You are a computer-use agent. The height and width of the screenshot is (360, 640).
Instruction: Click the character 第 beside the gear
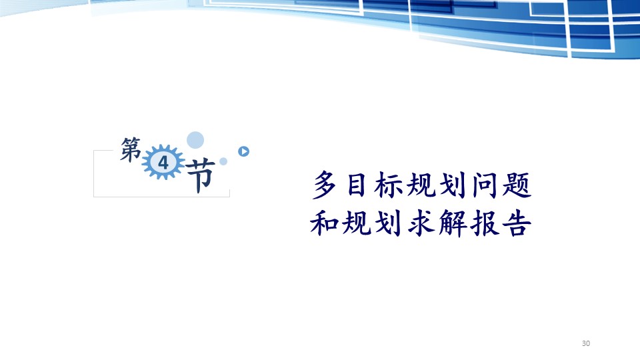131,149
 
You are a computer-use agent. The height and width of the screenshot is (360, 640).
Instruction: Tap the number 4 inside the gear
163,163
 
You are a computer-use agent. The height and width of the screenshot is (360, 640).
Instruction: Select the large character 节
199,175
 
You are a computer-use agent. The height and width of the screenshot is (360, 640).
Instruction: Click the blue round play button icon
244,151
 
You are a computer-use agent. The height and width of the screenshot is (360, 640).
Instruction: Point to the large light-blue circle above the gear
195,140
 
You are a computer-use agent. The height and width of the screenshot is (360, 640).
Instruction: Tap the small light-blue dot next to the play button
223,161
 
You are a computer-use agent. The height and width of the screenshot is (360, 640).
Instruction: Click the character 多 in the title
325,185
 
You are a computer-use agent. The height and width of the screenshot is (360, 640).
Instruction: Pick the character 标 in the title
389,185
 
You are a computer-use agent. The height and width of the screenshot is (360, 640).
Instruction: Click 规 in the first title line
421,185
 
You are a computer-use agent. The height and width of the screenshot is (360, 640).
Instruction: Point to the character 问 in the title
485,185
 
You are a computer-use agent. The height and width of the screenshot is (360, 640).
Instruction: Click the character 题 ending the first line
517,185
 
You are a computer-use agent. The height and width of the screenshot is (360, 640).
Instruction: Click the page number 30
586,343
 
